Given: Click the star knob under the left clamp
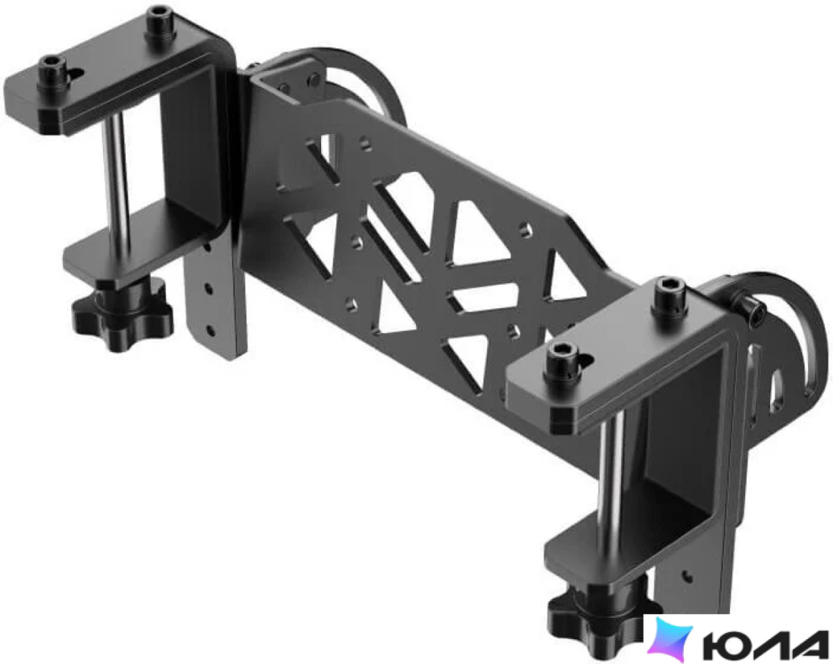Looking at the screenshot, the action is click(x=122, y=313).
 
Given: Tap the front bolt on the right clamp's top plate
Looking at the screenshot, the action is click(x=562, y=357).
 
